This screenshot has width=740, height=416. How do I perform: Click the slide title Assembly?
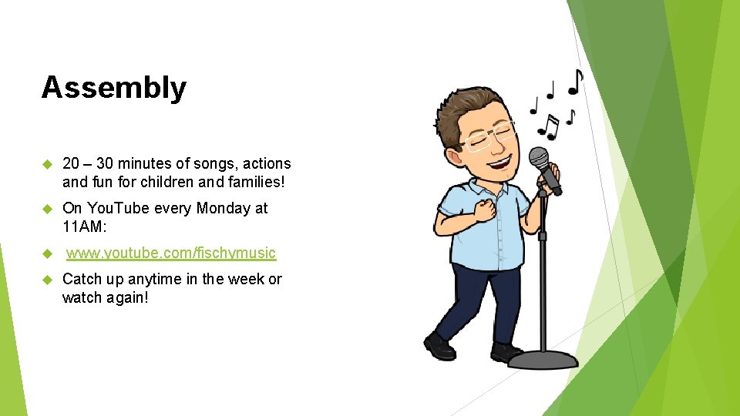click(113, 88)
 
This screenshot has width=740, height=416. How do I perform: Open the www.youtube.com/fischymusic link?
click(170, 253)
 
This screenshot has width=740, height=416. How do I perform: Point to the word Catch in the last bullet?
click(81, 279)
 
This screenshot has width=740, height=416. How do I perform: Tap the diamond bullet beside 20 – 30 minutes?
click(45, 164)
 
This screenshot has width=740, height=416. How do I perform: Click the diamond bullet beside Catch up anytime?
click(45, 280)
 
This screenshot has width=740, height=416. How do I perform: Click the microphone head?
click(540, 159)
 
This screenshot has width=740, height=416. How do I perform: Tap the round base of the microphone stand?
click(543, 360)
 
